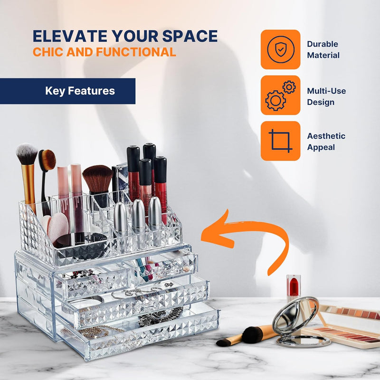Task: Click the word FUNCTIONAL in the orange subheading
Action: tap(136, 52)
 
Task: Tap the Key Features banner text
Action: tap(80, 91)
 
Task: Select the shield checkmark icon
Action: tap(281, 49)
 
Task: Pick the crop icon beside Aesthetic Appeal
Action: tap(281, 141)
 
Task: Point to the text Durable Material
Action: tap(323, 49)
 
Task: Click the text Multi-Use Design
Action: tap(326, 96)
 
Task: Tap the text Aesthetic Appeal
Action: tap(326, 142)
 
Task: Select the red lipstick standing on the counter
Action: tap(294, 288)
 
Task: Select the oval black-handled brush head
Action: tap(48, 160)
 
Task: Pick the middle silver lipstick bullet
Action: tap(138, 215)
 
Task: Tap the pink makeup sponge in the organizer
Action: tap(57, 227)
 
